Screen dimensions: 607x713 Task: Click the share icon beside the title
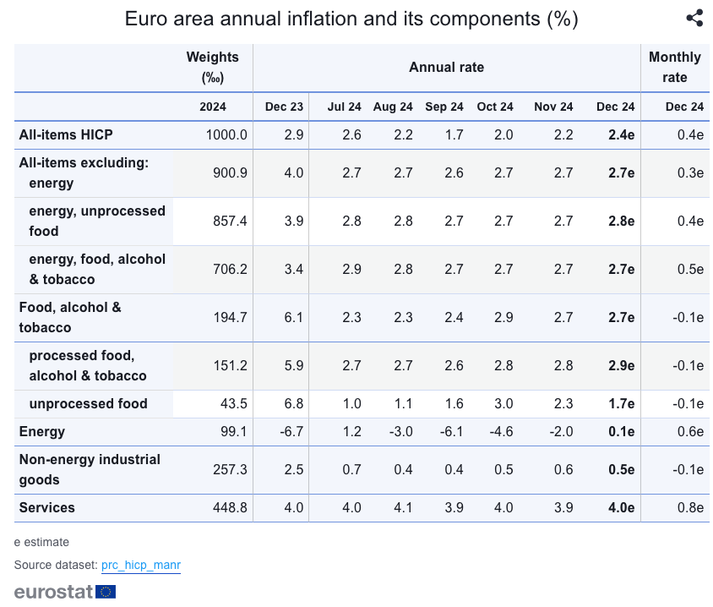(x=694, y=19)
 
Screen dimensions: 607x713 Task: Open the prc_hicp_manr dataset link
(x=141, y=565)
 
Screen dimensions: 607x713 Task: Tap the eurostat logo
(x=64, y=592)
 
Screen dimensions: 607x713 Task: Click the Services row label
(x=47, y=507)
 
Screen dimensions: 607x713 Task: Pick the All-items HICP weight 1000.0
(x=226, y=134)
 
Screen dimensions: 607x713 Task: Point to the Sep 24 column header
(x=444, y=107)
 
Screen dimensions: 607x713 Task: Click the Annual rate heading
(x=446, y=68)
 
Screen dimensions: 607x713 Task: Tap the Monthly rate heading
(x=674, y=68)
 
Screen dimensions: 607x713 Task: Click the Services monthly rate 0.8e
(x=690, y=507)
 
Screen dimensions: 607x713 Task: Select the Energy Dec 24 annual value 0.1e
(x=621, y=431)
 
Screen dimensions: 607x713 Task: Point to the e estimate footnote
(x=41, y=542)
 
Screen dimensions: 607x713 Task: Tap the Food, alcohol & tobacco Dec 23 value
(x=293, y=317)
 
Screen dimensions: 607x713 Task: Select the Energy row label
(x=42, y=431)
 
